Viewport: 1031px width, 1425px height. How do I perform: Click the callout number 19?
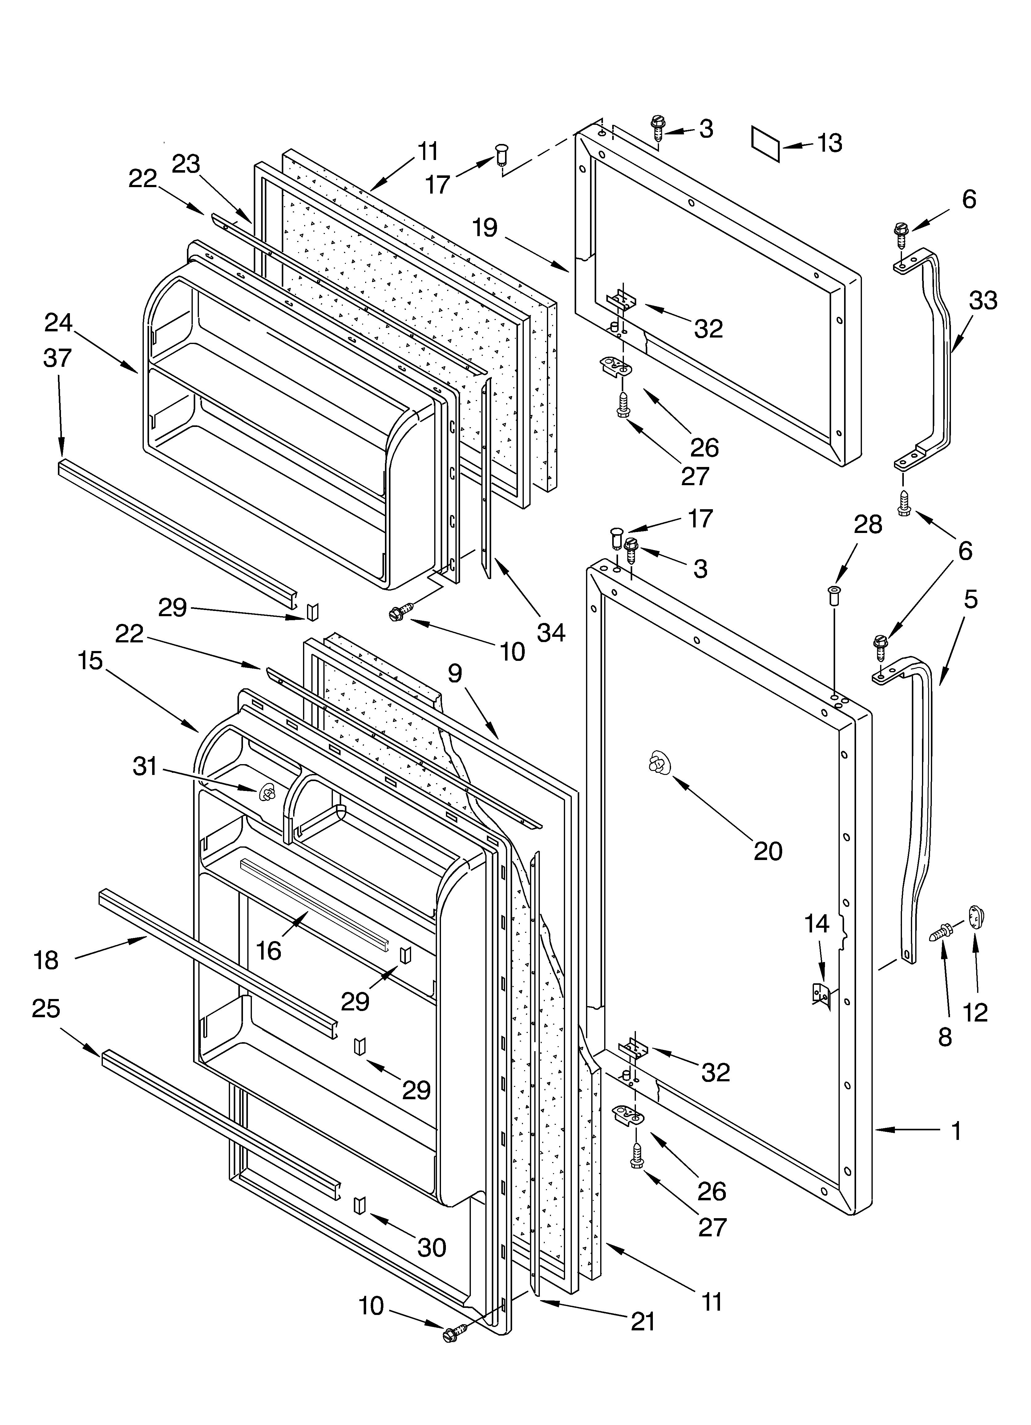485,227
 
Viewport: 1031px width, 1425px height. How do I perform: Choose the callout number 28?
868,524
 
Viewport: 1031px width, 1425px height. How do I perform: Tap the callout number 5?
970,600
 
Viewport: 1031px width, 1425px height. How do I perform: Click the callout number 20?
767,851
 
